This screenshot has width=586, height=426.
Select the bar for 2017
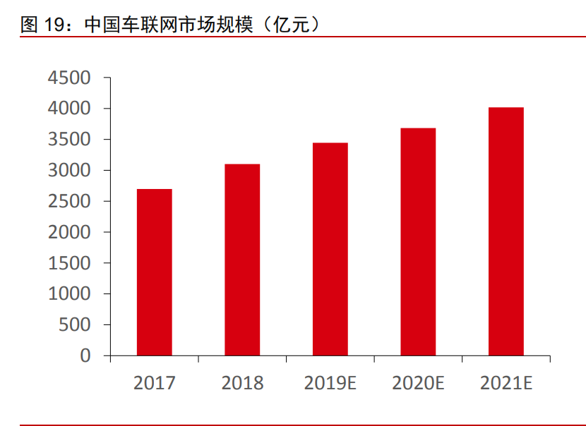(155, 272)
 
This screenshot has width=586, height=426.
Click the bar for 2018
(242, 260)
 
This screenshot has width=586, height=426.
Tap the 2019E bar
(330, 249)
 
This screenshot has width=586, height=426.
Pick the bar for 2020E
(418, 242)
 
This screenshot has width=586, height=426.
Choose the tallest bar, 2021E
(506, 231)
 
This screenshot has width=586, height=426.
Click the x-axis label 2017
(155, 384)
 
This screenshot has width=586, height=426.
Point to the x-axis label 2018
(242, 384)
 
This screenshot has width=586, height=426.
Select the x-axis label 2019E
(330, 384)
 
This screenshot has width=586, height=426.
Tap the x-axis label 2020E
(418, 384)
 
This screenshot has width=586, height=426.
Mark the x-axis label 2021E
(506, 384)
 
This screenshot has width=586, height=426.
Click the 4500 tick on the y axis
(69, 78)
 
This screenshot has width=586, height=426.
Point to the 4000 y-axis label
(69, 109)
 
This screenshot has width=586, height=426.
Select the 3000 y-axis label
(69, 171)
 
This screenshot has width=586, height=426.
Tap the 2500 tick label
(69, 202)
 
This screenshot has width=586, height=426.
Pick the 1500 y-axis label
(69, 263)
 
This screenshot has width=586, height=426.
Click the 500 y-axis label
(75, 325)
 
